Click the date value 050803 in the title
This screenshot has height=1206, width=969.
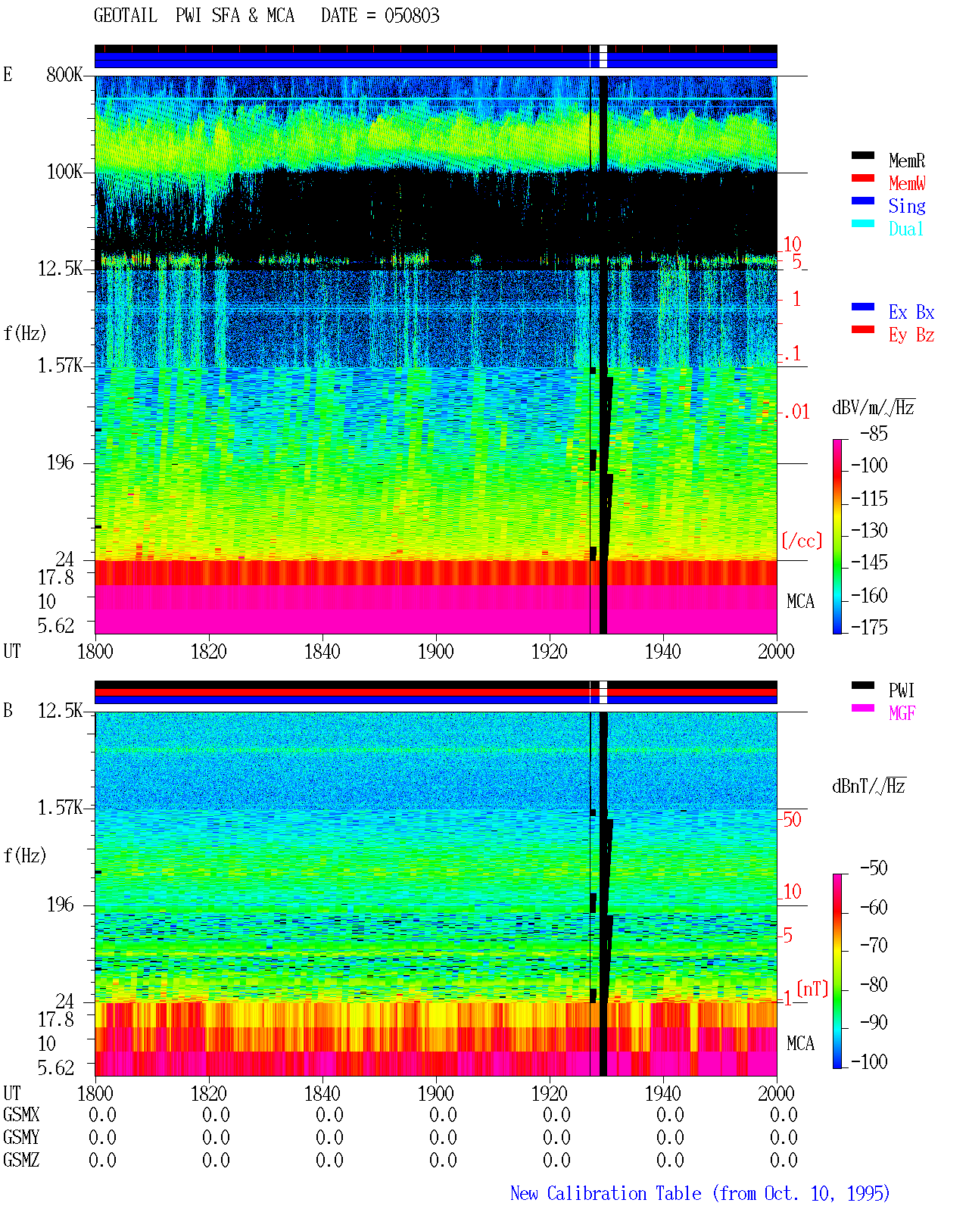[411, 16]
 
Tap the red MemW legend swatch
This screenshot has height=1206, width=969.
[862, 178]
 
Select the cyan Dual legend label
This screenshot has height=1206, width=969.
[905, 229]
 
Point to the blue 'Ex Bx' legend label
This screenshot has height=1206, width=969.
[911, 312]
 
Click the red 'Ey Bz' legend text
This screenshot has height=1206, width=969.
[911, 335]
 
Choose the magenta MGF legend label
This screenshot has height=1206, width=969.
[902, 713]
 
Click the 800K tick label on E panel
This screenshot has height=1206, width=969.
[64, 74]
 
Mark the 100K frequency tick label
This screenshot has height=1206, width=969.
[64, 172]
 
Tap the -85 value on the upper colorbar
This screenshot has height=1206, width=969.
[874, 433]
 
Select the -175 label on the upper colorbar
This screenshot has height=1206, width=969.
[869, 627]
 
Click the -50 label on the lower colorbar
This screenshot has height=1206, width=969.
[874, 868]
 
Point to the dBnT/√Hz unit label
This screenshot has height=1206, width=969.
[868, 787]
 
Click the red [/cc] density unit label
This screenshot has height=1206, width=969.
[802, 541]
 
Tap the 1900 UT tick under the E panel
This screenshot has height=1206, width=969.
[435, 651]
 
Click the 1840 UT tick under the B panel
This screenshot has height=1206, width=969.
[322, 1093]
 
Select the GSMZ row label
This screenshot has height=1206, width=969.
[21, 1160]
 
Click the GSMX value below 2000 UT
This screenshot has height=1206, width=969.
[784, 1115]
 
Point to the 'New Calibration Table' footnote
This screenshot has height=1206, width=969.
[606, 1193]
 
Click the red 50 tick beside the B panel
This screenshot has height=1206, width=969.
[792, 820]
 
